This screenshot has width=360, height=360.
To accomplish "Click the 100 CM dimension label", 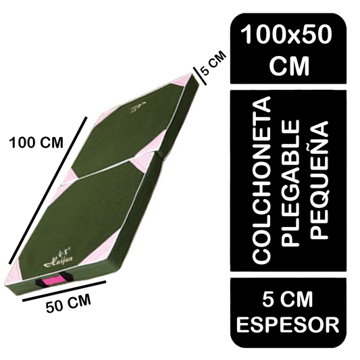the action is coord(36,143).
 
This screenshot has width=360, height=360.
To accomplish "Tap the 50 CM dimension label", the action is coord(68,304).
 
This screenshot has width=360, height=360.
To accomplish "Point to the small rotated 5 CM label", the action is coord(213,63).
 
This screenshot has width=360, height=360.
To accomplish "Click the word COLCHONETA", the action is coord(261,180).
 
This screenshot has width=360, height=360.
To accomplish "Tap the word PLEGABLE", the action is coord(290,183).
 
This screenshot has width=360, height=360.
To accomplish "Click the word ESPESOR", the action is coord(288,325).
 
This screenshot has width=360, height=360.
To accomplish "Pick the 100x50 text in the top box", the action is coord(287,34).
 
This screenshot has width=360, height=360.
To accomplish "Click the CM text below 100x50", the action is coord(290,66).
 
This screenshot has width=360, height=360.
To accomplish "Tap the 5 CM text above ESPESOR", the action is coord(288,299).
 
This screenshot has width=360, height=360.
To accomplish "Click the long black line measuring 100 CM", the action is coord(48,190).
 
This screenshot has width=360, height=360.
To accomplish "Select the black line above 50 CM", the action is coord(64,290).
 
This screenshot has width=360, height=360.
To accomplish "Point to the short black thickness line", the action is coord(200,76).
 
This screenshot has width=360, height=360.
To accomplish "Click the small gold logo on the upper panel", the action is coord(138,107).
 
